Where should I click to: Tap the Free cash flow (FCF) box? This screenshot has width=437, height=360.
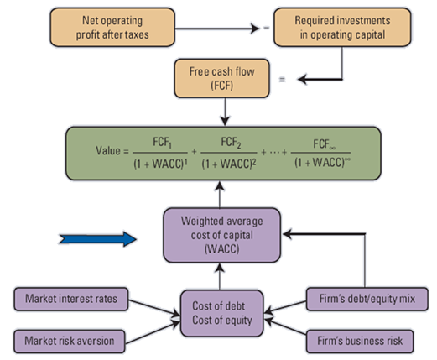[x=217, y=78]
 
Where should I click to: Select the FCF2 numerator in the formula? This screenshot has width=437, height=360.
[x=232, y=142]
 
